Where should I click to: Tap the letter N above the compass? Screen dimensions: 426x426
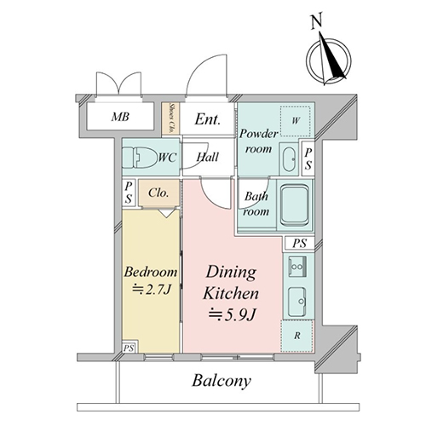[x=316, y=21]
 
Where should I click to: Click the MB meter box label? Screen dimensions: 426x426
[x=120, y=117]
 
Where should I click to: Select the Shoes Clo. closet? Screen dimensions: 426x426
[x=170, y=118]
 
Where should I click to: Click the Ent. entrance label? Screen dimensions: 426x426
[x=208, y=119]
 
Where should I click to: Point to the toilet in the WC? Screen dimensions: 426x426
[x=140, y=157]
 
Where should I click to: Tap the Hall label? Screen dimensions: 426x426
[x=208, y=157]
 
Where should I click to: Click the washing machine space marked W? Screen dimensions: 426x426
[x=296, y=120]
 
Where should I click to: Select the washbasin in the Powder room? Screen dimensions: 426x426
[x=289, y=159]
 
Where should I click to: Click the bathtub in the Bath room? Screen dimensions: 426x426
[x=295, y=204]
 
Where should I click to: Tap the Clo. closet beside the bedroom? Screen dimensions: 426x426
[x=158, y=193]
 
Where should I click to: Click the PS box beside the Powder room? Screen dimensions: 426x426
[x=308, y=158]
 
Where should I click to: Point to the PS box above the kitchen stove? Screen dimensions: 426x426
[x=300, y=243]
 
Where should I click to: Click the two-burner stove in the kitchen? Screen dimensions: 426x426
[x=297, y=267]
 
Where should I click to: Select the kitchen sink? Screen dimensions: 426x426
[x=297, y=302]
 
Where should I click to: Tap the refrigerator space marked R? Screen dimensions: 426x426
[x=296, y=336]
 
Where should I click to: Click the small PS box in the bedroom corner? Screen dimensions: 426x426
[x=130, y=347]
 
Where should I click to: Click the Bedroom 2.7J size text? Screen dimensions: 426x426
[x=152, y=291]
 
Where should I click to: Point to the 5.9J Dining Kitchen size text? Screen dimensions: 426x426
[x=233, y=315]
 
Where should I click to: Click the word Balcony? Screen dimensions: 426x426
[x=222, y=381]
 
